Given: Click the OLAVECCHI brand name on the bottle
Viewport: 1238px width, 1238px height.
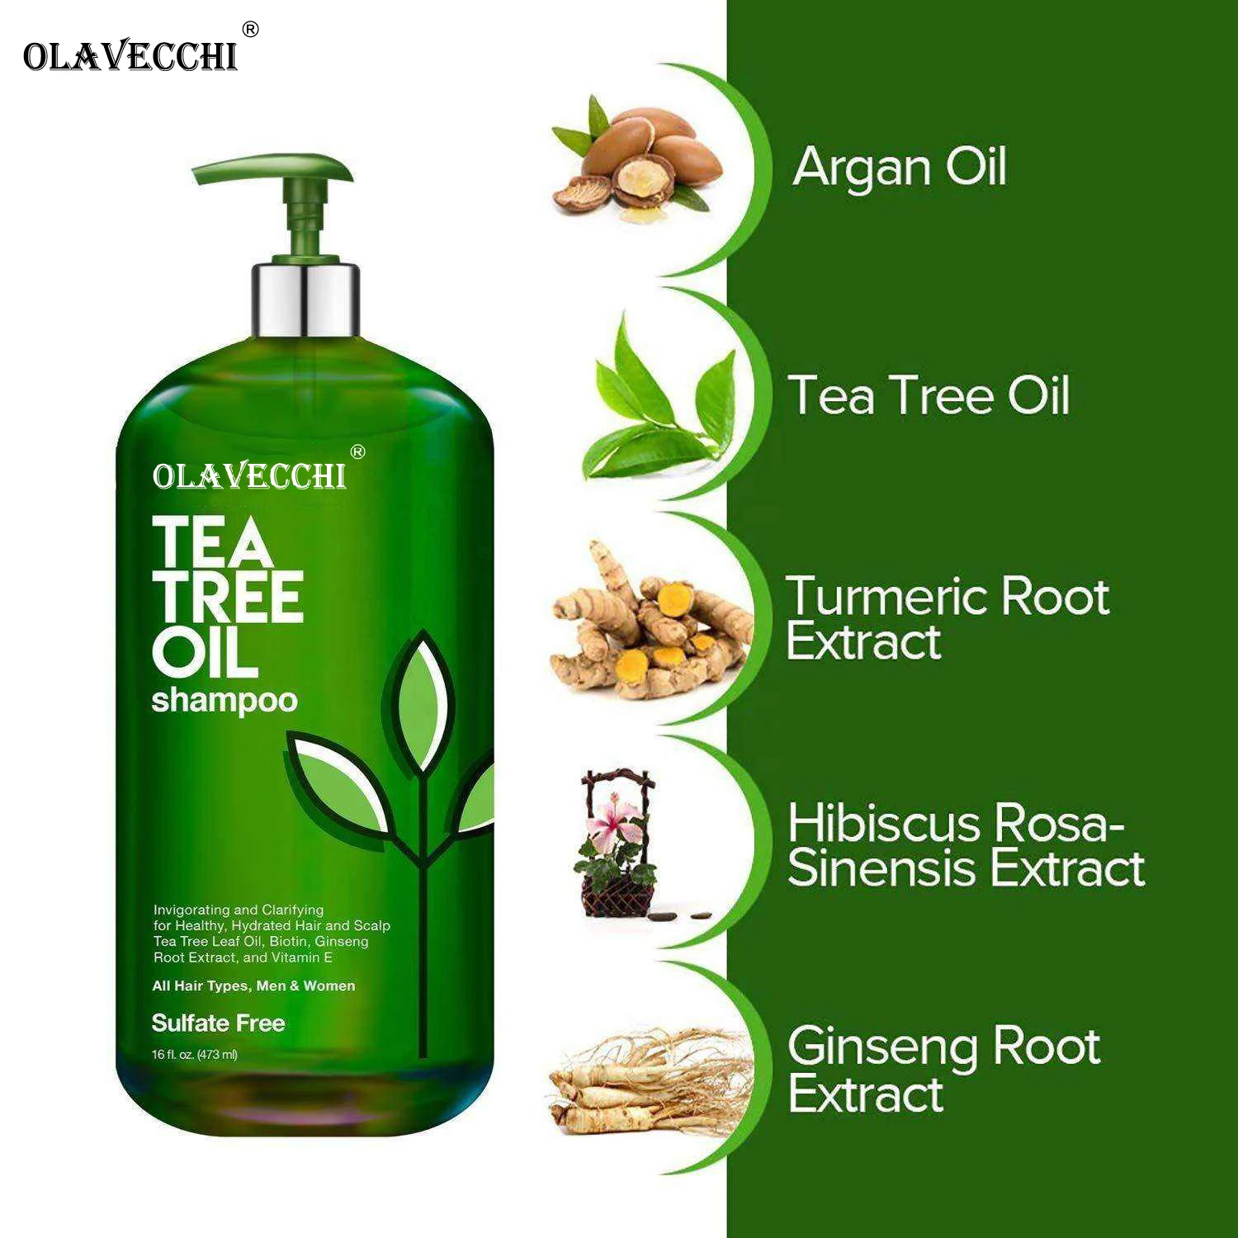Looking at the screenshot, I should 249,476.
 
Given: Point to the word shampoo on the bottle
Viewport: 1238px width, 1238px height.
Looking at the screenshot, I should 224,700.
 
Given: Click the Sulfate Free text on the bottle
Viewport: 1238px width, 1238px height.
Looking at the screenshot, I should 218,1023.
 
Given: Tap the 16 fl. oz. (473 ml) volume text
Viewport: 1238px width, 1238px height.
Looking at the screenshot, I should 195,1054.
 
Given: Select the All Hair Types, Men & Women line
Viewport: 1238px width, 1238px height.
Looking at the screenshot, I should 253,985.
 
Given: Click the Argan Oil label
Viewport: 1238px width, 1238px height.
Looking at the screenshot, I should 900,167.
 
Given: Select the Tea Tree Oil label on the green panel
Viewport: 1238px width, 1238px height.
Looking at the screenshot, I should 928,395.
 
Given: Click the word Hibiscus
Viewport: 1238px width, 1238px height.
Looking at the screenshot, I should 883,823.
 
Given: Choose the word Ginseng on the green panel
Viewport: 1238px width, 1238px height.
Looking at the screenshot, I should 883,1047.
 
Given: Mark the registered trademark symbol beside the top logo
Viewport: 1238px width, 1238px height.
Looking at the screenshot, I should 250,30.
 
